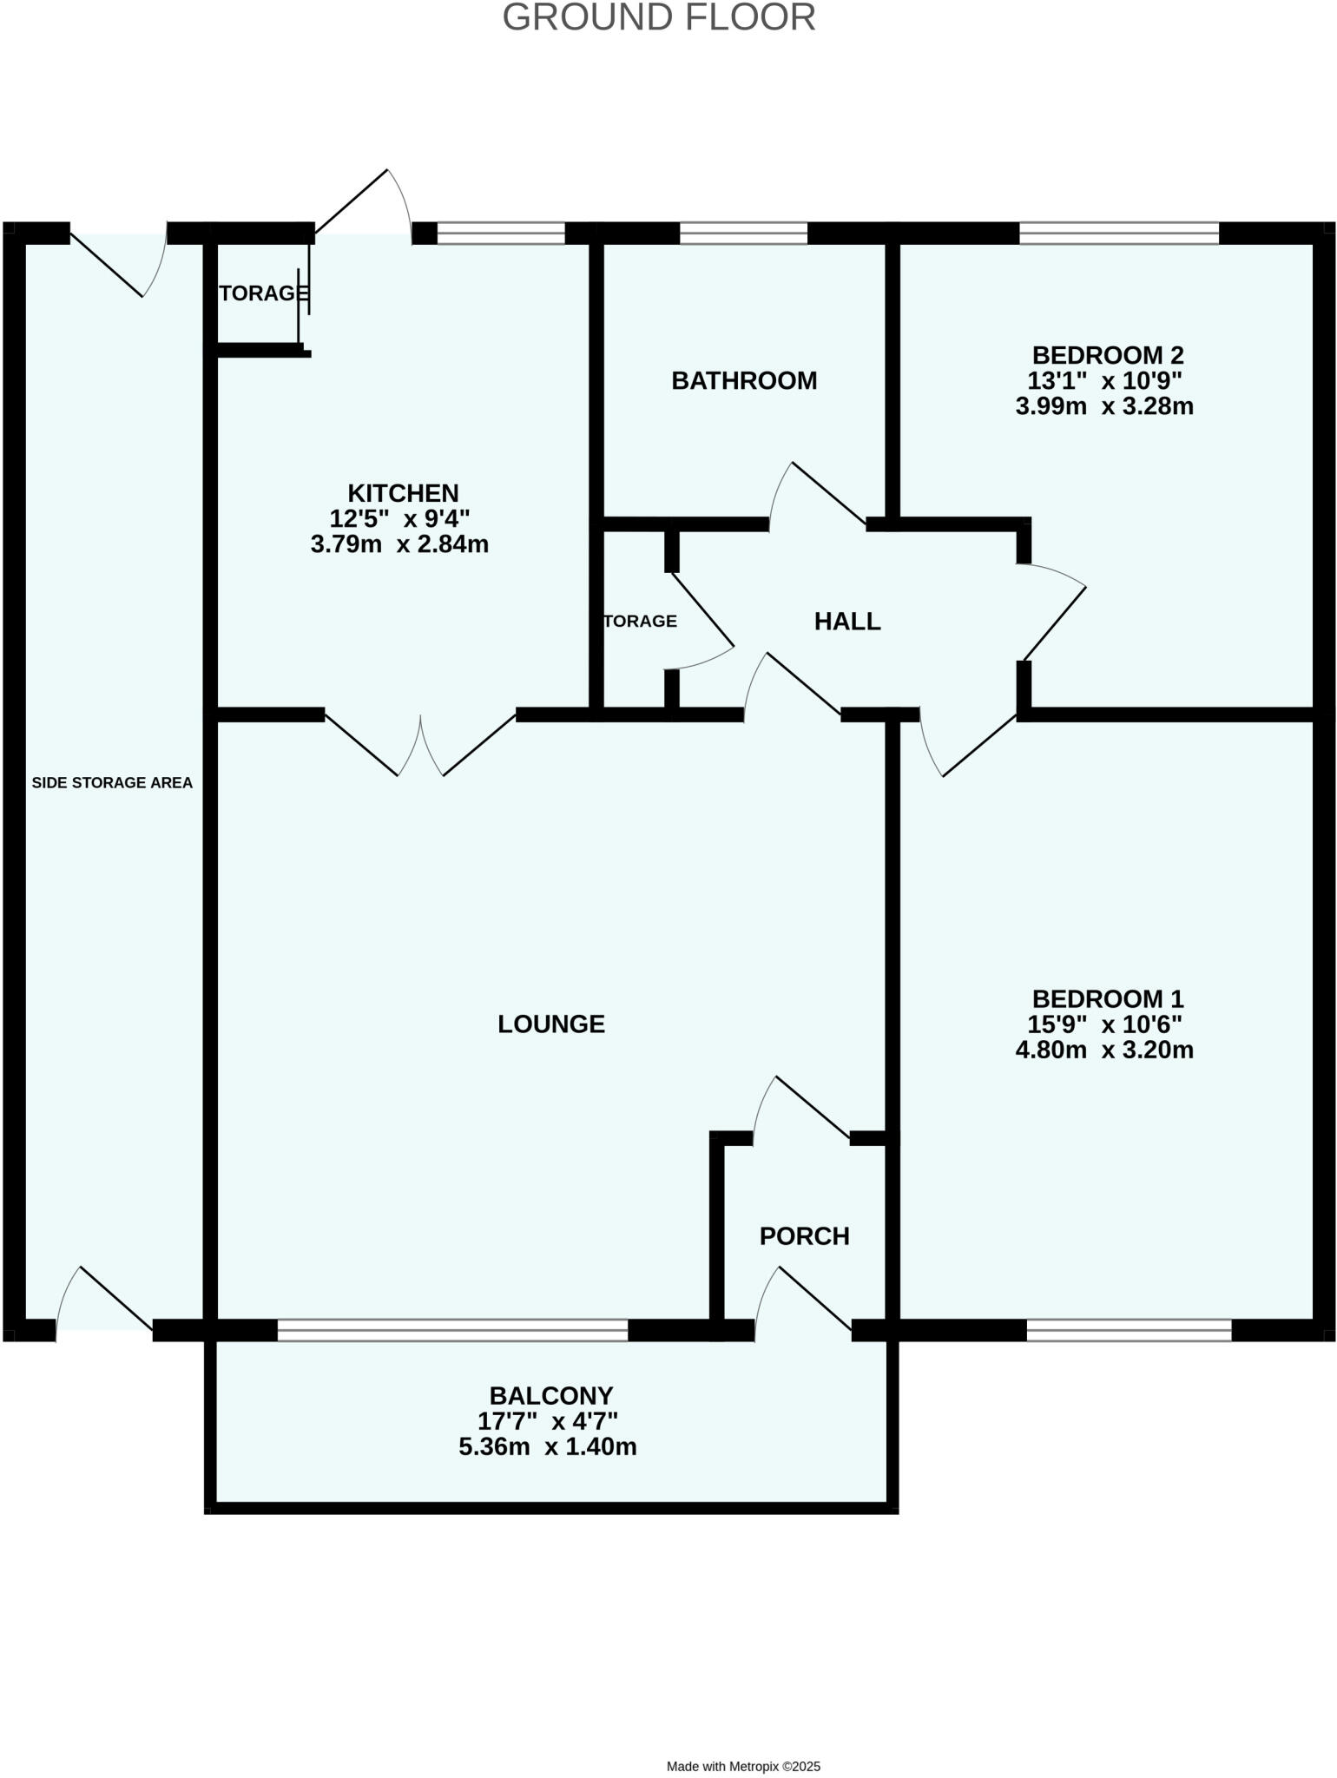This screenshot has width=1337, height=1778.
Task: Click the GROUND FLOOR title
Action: (x=659, y=18)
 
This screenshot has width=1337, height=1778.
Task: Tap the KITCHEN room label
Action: (x=403, y=493)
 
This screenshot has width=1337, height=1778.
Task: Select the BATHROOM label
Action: (x=744, y=380)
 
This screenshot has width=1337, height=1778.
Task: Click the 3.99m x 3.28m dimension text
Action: (x=1104, y=405)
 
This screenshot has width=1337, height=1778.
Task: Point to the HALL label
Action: (x=847, y=621)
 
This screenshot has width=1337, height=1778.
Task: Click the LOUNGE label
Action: (x=551, y=1024)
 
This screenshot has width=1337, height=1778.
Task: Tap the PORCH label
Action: (x=804, y=1235)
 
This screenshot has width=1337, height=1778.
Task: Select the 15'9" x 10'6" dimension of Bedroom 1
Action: (x=1104, y=1024)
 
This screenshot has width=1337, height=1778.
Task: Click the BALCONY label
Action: (x=551, y=1395)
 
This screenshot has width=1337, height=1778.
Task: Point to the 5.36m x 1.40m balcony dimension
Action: (x=548, y=1446)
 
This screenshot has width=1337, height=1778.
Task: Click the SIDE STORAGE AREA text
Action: (x=112, y=782)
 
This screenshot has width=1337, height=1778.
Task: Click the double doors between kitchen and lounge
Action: (x=421, y=745)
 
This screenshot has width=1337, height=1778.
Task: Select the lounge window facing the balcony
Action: (x=452, y=1329)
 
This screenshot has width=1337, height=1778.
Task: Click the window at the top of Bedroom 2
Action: (x=1118, y=233)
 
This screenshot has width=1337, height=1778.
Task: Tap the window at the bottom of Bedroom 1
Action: (x=1129, y=1329)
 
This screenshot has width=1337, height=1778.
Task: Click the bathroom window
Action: (x=743, y=233)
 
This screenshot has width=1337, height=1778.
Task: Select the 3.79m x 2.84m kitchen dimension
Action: (x=399, y=544)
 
